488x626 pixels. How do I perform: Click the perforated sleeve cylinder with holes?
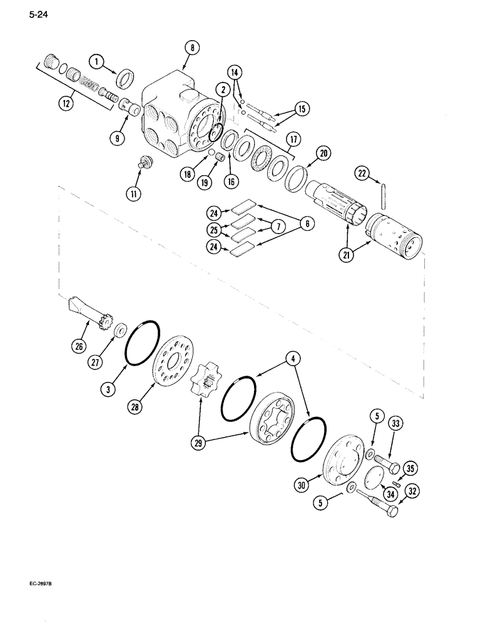[393, 235]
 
